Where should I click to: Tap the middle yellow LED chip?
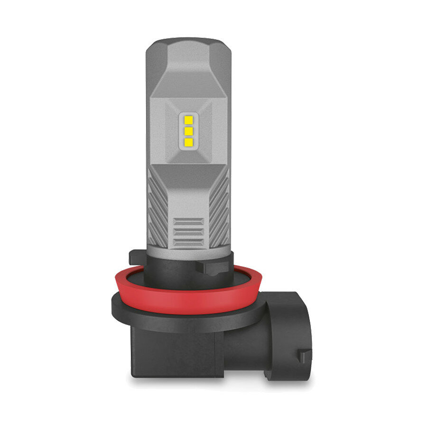pos(188,131)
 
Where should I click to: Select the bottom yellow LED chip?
pos(188,141)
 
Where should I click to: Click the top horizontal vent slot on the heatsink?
pos(188,221)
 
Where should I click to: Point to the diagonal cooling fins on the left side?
pos(158,209)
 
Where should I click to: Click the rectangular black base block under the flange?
pos(176,353)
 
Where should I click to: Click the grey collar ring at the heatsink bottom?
pos(188,253)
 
